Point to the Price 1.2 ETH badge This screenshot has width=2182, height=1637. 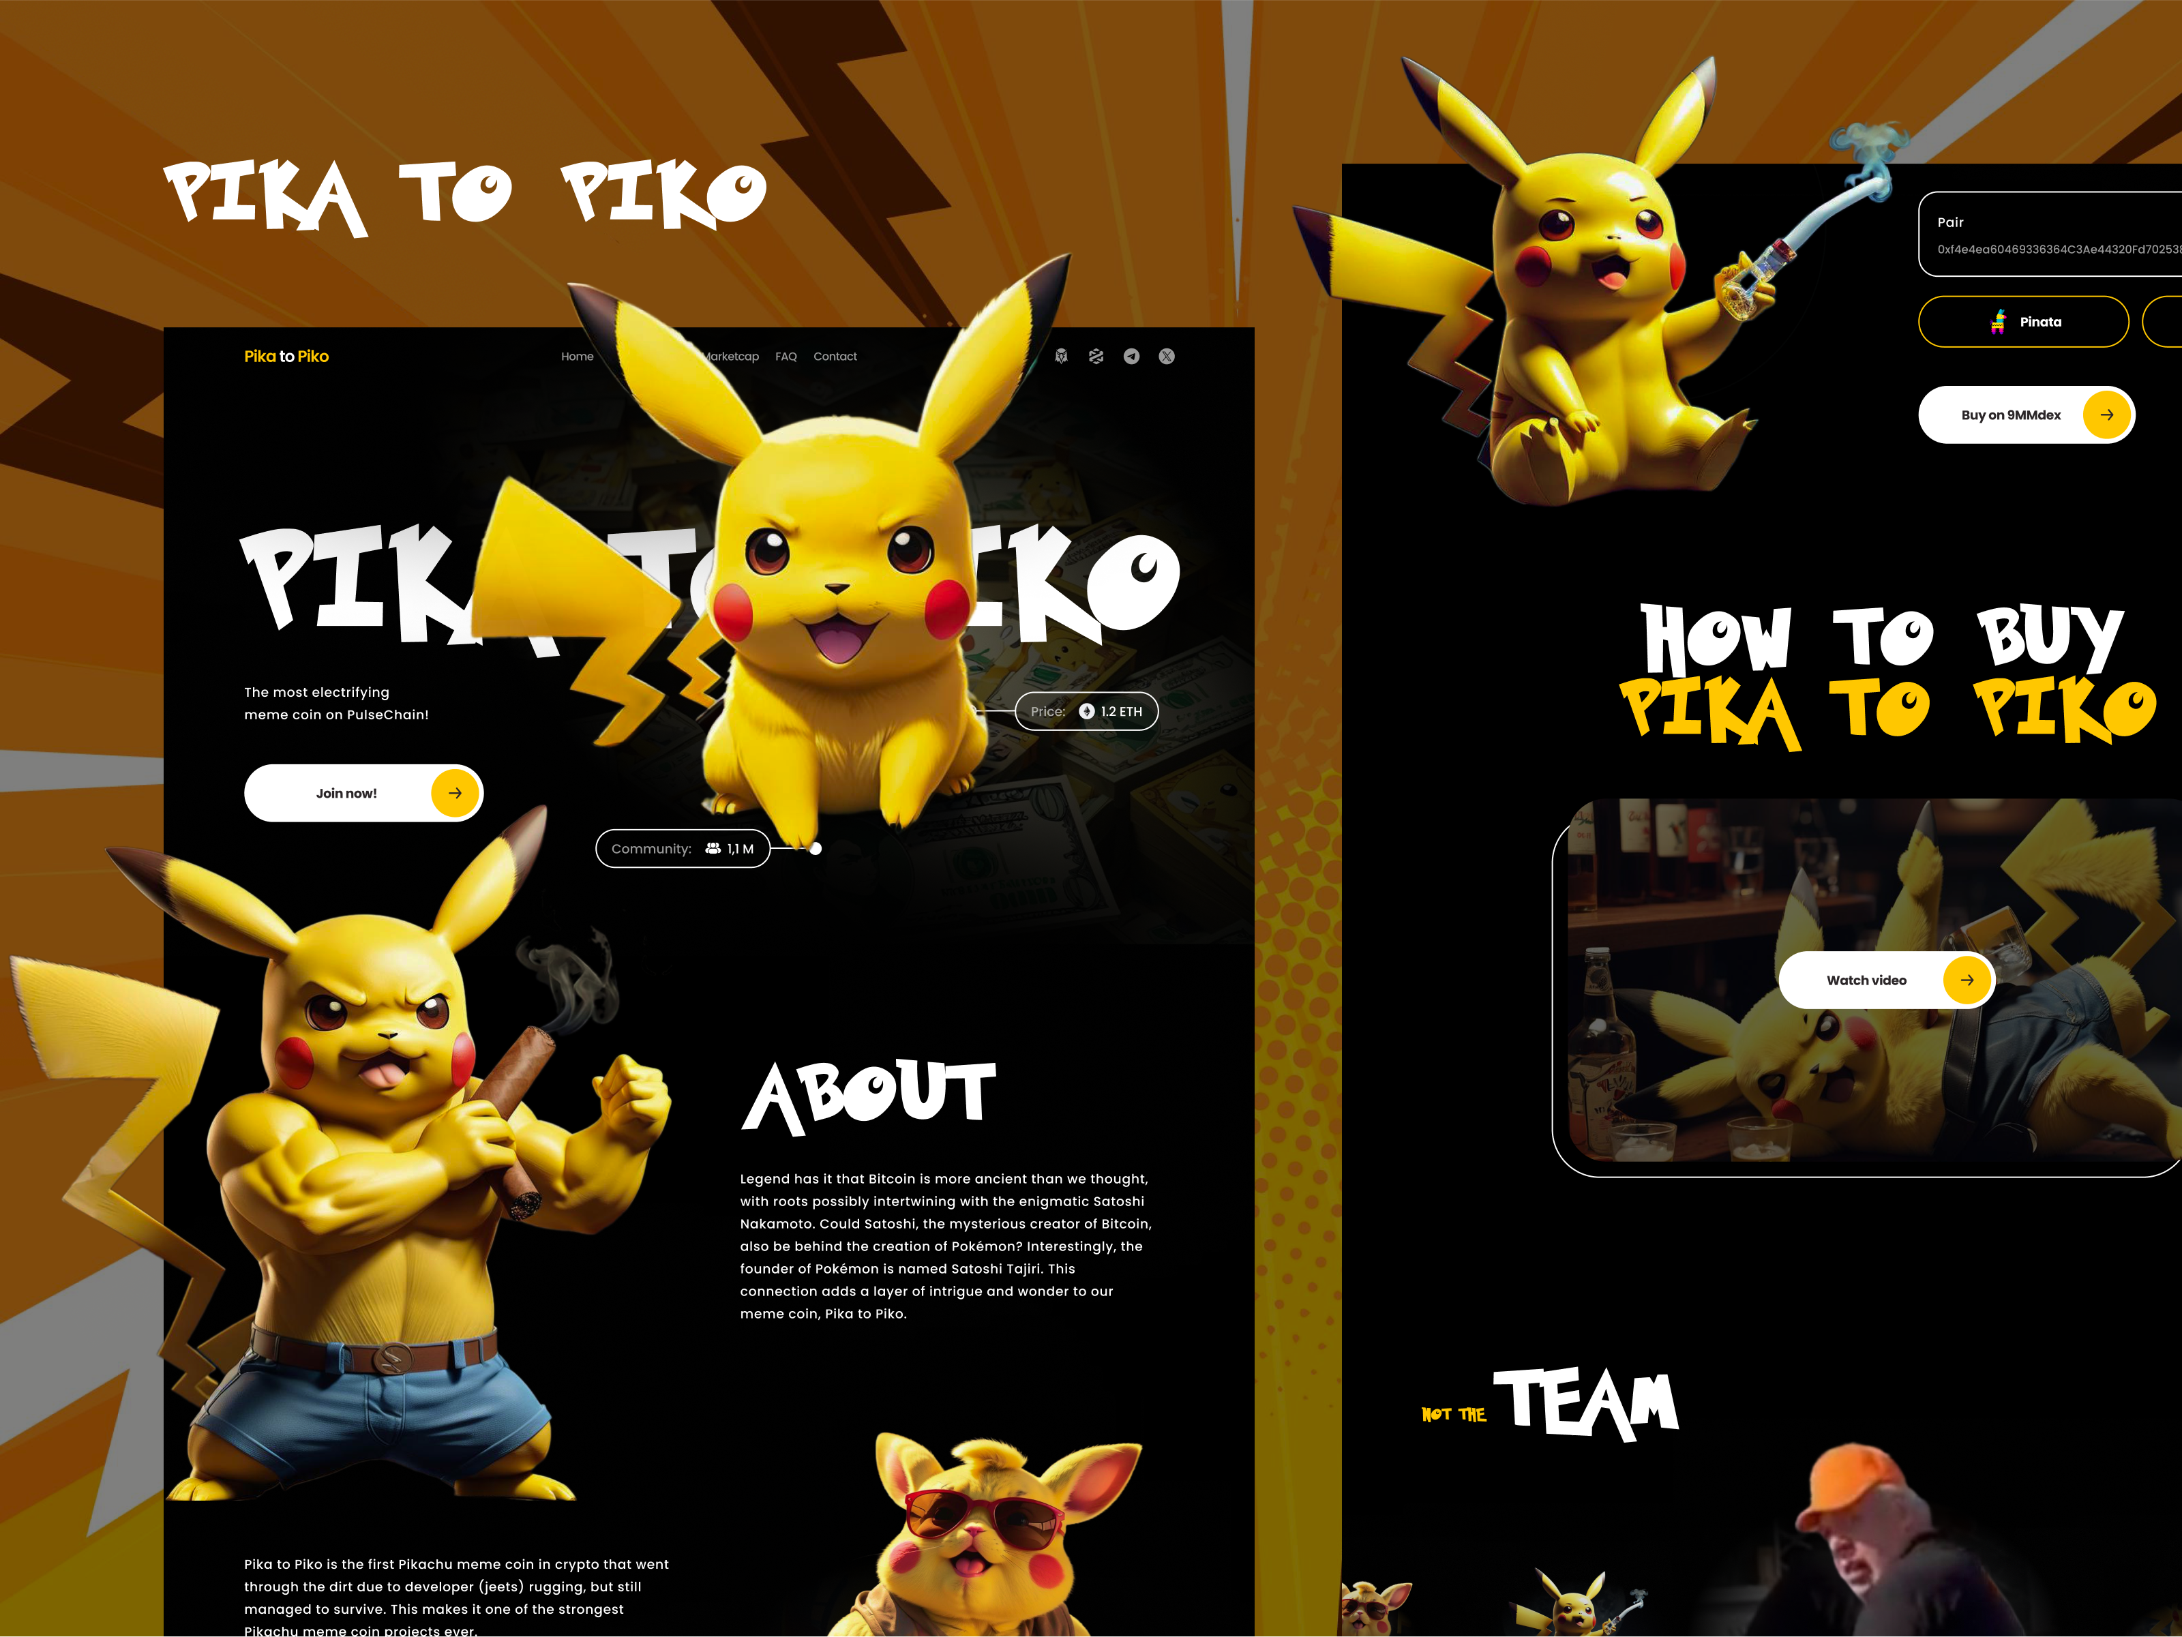[x=1086, y=711]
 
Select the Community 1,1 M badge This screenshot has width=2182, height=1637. [x=683, y=849]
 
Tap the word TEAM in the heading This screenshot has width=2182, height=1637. [x=1586, y=1402]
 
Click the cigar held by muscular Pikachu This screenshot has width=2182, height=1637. [x=523, y=1114]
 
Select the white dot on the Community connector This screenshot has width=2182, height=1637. [x=816, y=849]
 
